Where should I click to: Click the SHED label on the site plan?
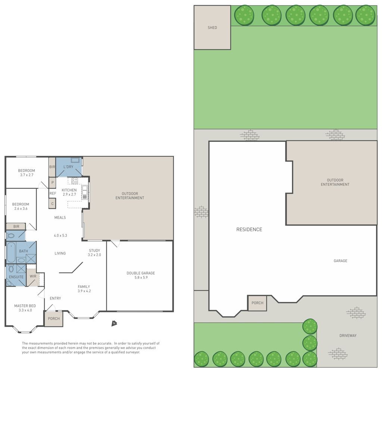(212, 28)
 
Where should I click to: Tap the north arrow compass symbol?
(114, 323)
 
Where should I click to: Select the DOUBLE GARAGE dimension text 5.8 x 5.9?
(141, 278)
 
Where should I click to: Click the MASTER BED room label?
(25, 306)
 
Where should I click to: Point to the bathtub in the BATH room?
(11, 252)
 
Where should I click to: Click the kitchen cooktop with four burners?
(75, 181)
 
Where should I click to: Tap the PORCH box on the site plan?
(257, 303)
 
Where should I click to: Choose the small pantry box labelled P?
(52, 183)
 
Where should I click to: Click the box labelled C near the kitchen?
(52, 204)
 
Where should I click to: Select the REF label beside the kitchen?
(53, 193)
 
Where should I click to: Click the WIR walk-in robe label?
(33, 276)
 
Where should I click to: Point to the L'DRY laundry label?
(68, 167)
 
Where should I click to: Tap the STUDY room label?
(94, 251)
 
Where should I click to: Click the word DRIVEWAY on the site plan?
(348, 336)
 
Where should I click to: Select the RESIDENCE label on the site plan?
(249, 230)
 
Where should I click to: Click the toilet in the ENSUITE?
(11, 268)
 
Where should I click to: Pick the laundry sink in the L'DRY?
(75, 160)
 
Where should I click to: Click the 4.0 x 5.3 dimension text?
(60, 235)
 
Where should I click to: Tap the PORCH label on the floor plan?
(54, 319)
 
